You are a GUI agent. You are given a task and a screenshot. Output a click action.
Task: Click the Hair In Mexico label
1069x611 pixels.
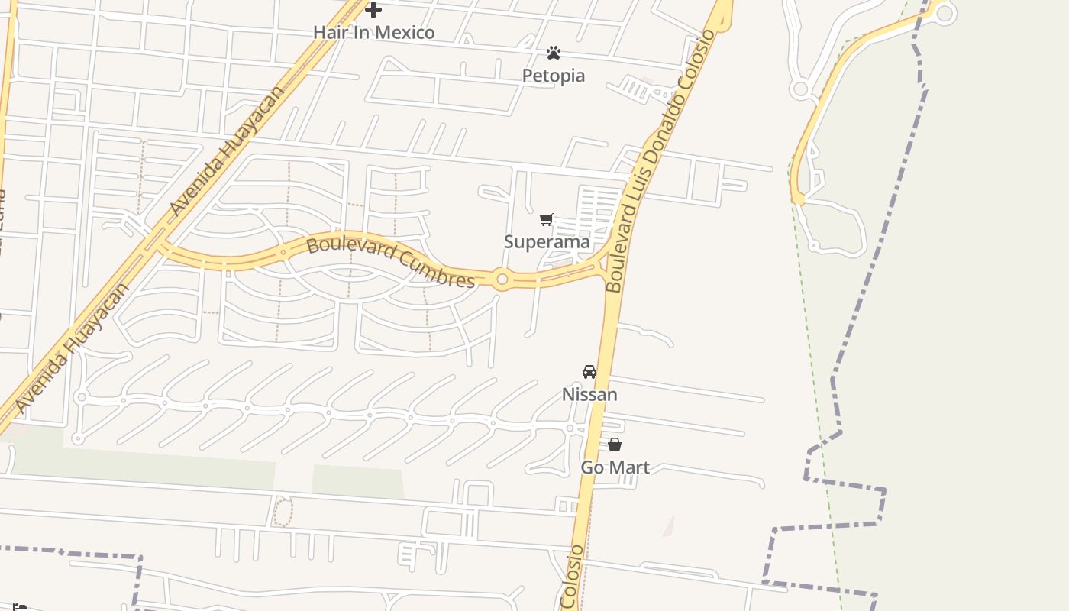point(373,32)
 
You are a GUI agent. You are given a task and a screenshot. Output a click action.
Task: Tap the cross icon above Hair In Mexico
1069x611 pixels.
point(373,10)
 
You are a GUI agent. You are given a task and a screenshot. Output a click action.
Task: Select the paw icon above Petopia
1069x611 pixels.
point(554,53)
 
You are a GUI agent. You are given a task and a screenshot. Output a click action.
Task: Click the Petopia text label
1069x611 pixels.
point(554,76)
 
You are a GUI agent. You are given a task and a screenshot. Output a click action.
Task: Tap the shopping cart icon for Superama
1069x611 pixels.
point(547,220)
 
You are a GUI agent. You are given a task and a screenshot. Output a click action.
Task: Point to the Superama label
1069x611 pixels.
point(547,242)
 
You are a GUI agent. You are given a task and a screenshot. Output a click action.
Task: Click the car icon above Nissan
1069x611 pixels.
point(589,372)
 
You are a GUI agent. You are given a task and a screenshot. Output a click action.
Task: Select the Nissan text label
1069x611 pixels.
point(589,395)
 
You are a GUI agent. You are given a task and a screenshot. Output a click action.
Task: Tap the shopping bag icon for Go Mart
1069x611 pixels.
point(615,445)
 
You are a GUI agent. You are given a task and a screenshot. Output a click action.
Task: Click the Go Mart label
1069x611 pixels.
point(615,467)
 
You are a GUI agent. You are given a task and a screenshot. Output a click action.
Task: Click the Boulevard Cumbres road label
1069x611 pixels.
point(390,262)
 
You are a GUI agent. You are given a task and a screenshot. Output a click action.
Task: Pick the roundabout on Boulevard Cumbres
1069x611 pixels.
point(502,280)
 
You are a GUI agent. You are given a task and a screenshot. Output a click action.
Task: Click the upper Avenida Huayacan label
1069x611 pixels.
point(226,150)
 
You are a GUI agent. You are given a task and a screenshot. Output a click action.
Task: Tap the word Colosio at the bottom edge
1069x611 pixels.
point(571,577)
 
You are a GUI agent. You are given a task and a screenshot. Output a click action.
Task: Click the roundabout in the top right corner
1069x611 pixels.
point(945,13)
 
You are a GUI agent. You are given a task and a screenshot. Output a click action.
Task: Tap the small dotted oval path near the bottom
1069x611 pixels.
point(283,512)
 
